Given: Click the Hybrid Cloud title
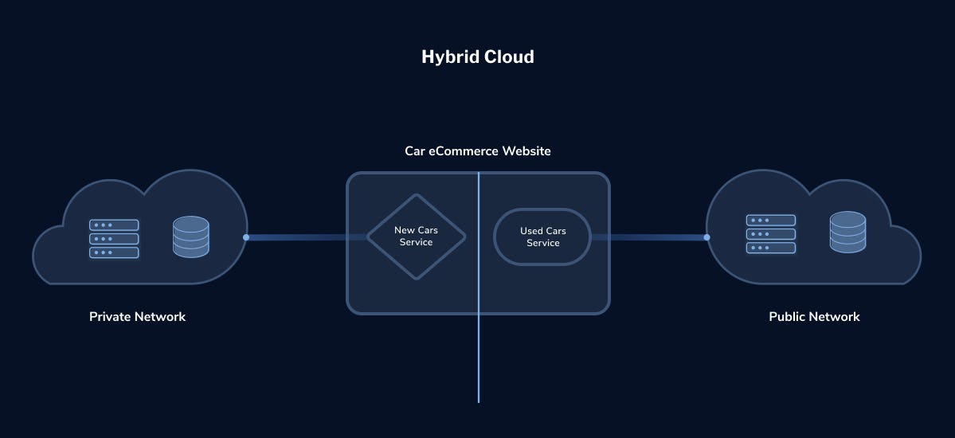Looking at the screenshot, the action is pos(478,57).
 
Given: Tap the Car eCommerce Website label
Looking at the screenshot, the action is pos(478,151).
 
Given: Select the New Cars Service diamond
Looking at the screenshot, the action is pos(416,237).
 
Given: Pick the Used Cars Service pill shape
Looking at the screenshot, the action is pos(542,237).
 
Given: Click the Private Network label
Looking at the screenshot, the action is pos(138,317).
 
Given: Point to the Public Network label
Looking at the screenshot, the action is pos(814,317).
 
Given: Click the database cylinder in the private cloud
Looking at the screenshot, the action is pos(190,237).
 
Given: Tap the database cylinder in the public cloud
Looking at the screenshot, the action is pos(847,232).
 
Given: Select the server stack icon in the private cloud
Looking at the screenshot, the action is pos(114,239).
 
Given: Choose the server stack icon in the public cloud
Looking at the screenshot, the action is pos(771,234).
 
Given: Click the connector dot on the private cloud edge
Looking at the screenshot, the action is pos(246,237).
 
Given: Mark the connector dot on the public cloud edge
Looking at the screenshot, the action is pos(706,237).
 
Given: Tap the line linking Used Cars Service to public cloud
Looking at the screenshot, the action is pos(648,237).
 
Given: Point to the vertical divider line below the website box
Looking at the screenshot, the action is pos(479,359).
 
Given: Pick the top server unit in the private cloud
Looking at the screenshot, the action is pos(114,225).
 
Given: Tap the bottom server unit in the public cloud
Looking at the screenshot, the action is pos(771,248).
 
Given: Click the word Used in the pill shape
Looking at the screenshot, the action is pos(531,231).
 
